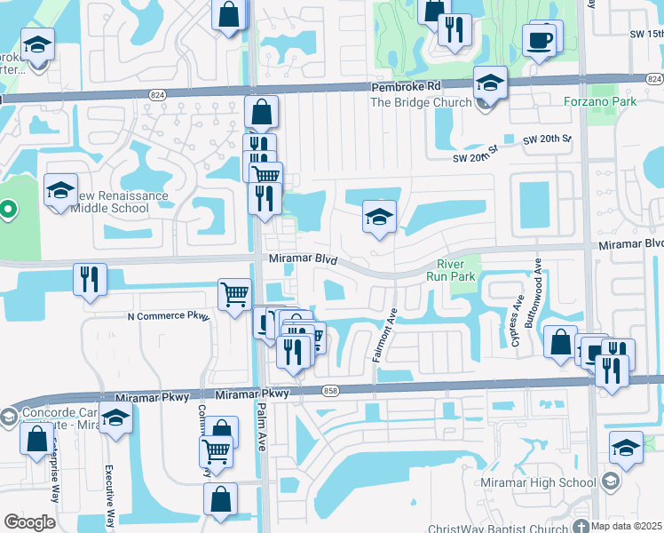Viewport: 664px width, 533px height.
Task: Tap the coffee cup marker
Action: [540, 41]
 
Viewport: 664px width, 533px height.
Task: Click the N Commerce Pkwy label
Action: [168, 315]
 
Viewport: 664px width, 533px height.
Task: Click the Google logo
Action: [29, 522]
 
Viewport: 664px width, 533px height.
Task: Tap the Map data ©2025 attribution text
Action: [625, 527]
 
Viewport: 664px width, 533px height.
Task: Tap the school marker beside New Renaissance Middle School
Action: [60, 191]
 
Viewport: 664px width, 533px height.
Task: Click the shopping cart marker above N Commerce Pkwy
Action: [233, 293]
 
